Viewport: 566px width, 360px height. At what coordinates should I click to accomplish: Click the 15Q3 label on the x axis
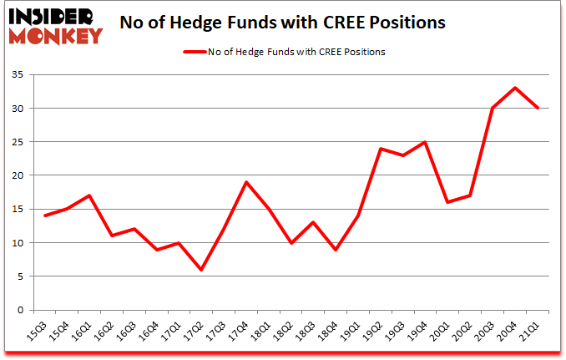click(38, 331)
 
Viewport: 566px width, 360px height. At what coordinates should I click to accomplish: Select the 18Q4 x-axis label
click(331, 331)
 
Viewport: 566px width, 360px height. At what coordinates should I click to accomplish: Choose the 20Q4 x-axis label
click(515, 331)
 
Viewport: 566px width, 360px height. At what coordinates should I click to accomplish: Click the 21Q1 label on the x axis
click(538, 331)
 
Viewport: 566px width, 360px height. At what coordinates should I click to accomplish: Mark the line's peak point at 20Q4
click(515, 88)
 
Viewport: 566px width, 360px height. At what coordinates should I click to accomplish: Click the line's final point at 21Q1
click(538, 109)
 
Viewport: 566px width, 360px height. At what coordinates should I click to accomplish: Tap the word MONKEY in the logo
click(55, 35)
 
